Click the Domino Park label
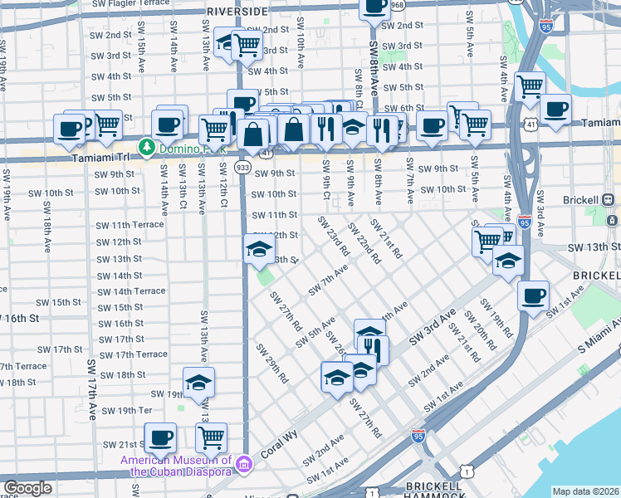(183, 146)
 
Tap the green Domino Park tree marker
(148, 146)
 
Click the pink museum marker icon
(243, 462)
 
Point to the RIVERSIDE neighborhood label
(237, 12)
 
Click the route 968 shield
(398, 6)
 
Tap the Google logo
(27, 488)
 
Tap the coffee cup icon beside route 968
(374, 7)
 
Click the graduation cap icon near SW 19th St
(198, 383)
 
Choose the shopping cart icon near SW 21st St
(211, 437)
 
